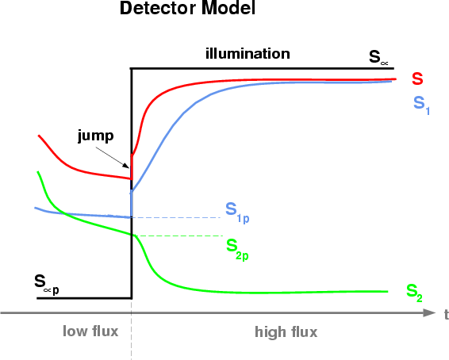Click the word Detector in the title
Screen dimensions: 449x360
pyautogui.click(x=159, y=8)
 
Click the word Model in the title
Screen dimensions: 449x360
pyautogui.click(x=228, y=8)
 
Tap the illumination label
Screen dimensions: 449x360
pyautogui.click(x=248, y=54)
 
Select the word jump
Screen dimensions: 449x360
pyautogui.click(x=96, y=136)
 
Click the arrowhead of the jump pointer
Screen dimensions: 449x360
pyautogui.click(x=126, y=166)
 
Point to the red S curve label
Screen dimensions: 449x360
pyautogui.click(x=417, y=79)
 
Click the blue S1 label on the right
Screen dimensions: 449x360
pyautogui.click(x=421, y=105)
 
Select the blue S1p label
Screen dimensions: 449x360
pyautogui.click(x=237, y=213)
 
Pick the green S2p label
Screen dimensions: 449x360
pyautogui.click(x=237, y=249)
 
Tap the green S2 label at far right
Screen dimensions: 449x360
pyautogui.click(x=414, y=293)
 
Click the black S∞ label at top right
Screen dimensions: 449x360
pyautogui.click(x=378, y=57)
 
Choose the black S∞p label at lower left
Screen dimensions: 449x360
pyautogui.click(x=47, y=285)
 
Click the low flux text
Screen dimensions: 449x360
pyautogui.click(x=90, y=331)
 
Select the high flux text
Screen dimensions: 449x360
pyautogui.click(x=286, y=332)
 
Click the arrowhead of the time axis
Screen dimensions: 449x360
pyautogui.click(x=429, y=312)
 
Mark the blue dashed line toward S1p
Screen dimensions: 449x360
pyautogui.click(x=176, y=218)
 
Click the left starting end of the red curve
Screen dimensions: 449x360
pyautogui.click(x=39, y=136)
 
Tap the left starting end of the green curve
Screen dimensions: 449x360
pyautogui.click(x=38, y=172)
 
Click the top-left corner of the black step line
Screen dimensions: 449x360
pyautogui.click(x=132, y=69)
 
